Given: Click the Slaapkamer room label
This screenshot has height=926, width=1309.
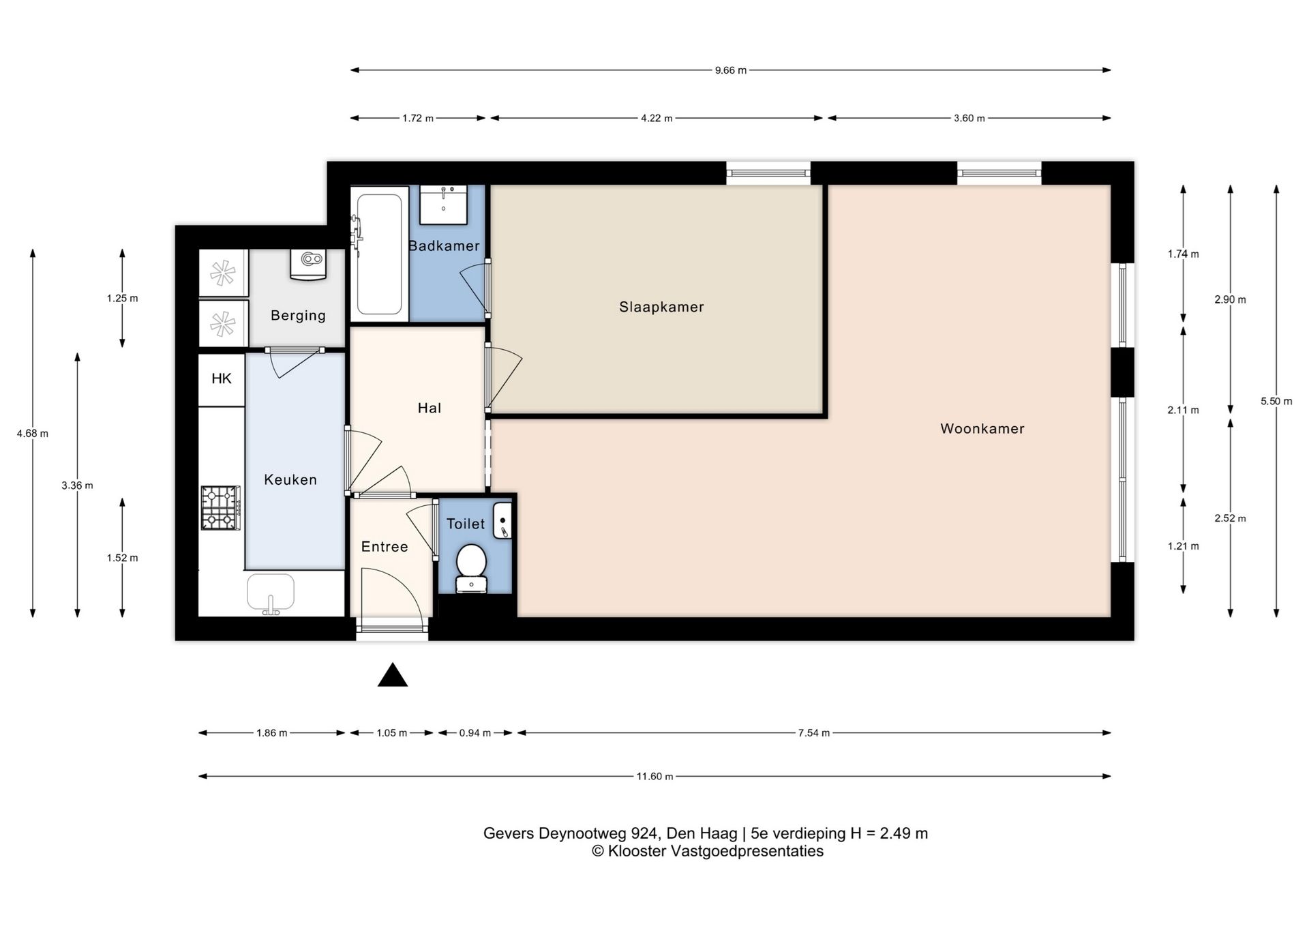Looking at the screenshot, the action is pyautogui.click(x=661, y=308).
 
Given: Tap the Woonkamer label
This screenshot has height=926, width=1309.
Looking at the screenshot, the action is pyautogui.click(x=982, y=429).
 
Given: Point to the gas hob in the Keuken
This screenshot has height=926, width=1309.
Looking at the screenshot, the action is pyautogui.click(x=220, y=507).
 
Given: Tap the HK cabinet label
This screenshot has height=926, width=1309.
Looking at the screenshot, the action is pyautogui.click(x=222, y=379).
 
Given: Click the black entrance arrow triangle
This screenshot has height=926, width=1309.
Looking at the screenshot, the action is pyautogui.click(x=393, y=675).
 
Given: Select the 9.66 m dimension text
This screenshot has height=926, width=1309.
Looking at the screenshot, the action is pyautogui.click(x=731, y=70).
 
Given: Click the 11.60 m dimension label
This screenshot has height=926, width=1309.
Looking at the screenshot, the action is pyautogui.click(x=654, y=777).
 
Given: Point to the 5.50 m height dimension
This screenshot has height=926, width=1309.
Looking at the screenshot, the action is pyautogui.click(x=1276, y=402).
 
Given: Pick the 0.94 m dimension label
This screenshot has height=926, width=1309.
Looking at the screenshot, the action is pyautogui.click(x=475, y=734).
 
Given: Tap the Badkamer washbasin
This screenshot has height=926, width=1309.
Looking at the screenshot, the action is pyautogui.click(x=443, y=205).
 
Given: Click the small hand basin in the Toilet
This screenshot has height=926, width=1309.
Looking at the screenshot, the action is pyautogui.click(x=502, y=521).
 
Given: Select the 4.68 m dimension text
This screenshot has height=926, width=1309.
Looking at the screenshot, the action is pyautogui.click(x=33, y=434).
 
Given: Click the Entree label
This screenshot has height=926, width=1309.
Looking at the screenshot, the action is pyautogui.click(x=385, y=547).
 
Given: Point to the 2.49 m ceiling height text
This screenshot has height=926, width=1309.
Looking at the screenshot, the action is pyautogui.click(x=904, y=833).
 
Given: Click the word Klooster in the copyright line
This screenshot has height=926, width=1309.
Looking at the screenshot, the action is pyautogui.click(x=637, y=852).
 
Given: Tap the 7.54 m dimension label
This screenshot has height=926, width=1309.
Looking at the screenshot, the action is pyautogui.click(x=814, y=734).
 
